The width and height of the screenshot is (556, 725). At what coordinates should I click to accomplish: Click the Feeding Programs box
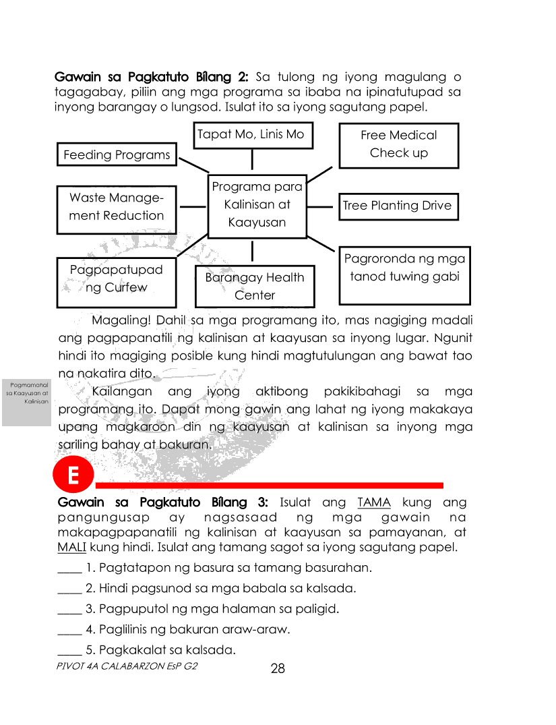point(117,154)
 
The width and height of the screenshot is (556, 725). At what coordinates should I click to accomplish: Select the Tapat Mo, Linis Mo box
point(251,135)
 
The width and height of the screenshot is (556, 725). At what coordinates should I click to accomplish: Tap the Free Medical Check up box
point(398,144)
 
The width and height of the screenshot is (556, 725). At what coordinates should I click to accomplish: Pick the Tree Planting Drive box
point(397,206)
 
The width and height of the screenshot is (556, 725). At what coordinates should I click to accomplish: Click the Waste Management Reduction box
point(117,208)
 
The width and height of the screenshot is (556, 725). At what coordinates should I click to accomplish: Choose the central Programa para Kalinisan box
point(257,205)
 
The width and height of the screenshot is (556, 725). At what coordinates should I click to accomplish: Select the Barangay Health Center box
point(255,286)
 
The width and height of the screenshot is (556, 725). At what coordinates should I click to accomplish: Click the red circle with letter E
point(71,476)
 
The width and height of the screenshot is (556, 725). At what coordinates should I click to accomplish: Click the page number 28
point(278,669)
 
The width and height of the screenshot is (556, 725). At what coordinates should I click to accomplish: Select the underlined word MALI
point(71,547)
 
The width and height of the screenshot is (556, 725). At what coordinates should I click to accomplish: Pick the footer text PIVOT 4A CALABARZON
point(127,665)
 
